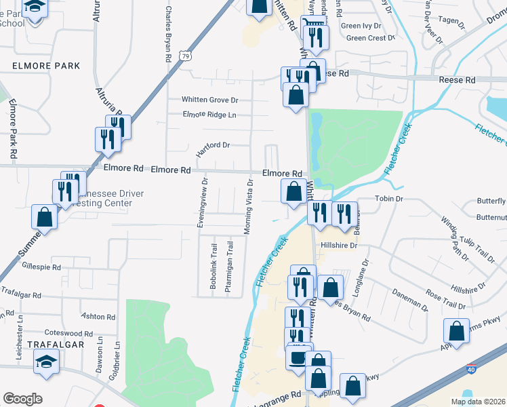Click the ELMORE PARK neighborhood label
click(46, 66)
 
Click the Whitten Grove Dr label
click(210, 100)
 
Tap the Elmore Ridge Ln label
click(209, 115)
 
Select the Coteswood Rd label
click(68, 333)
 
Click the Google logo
click(22, 399)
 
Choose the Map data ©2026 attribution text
click(478, 402)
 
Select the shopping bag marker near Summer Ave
click(44, 217)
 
